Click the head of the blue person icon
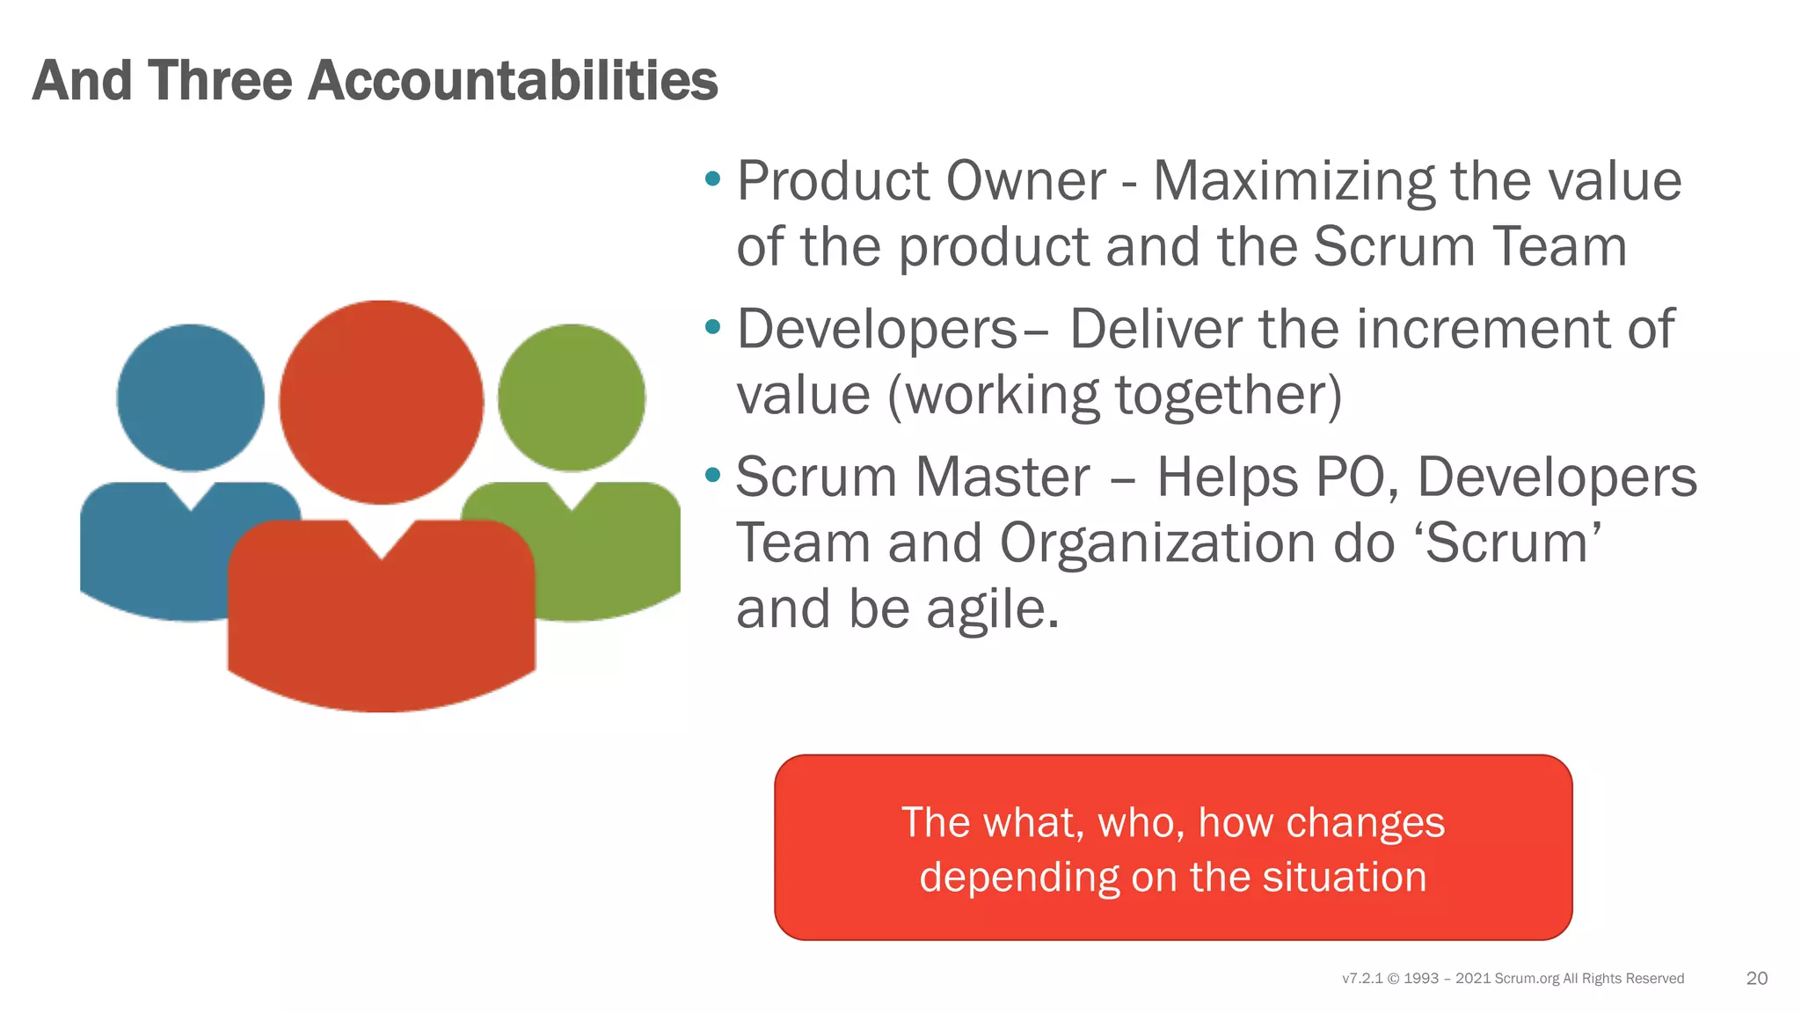point(190,397)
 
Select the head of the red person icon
point(381,402)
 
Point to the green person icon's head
point(571,397)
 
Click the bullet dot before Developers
point(713,328)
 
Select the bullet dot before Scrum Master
point(713,476)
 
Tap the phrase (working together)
point(1114,396)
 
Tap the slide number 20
point(1756,979)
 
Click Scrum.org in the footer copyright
point(1526,979)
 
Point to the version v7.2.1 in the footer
point(1361,979)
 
